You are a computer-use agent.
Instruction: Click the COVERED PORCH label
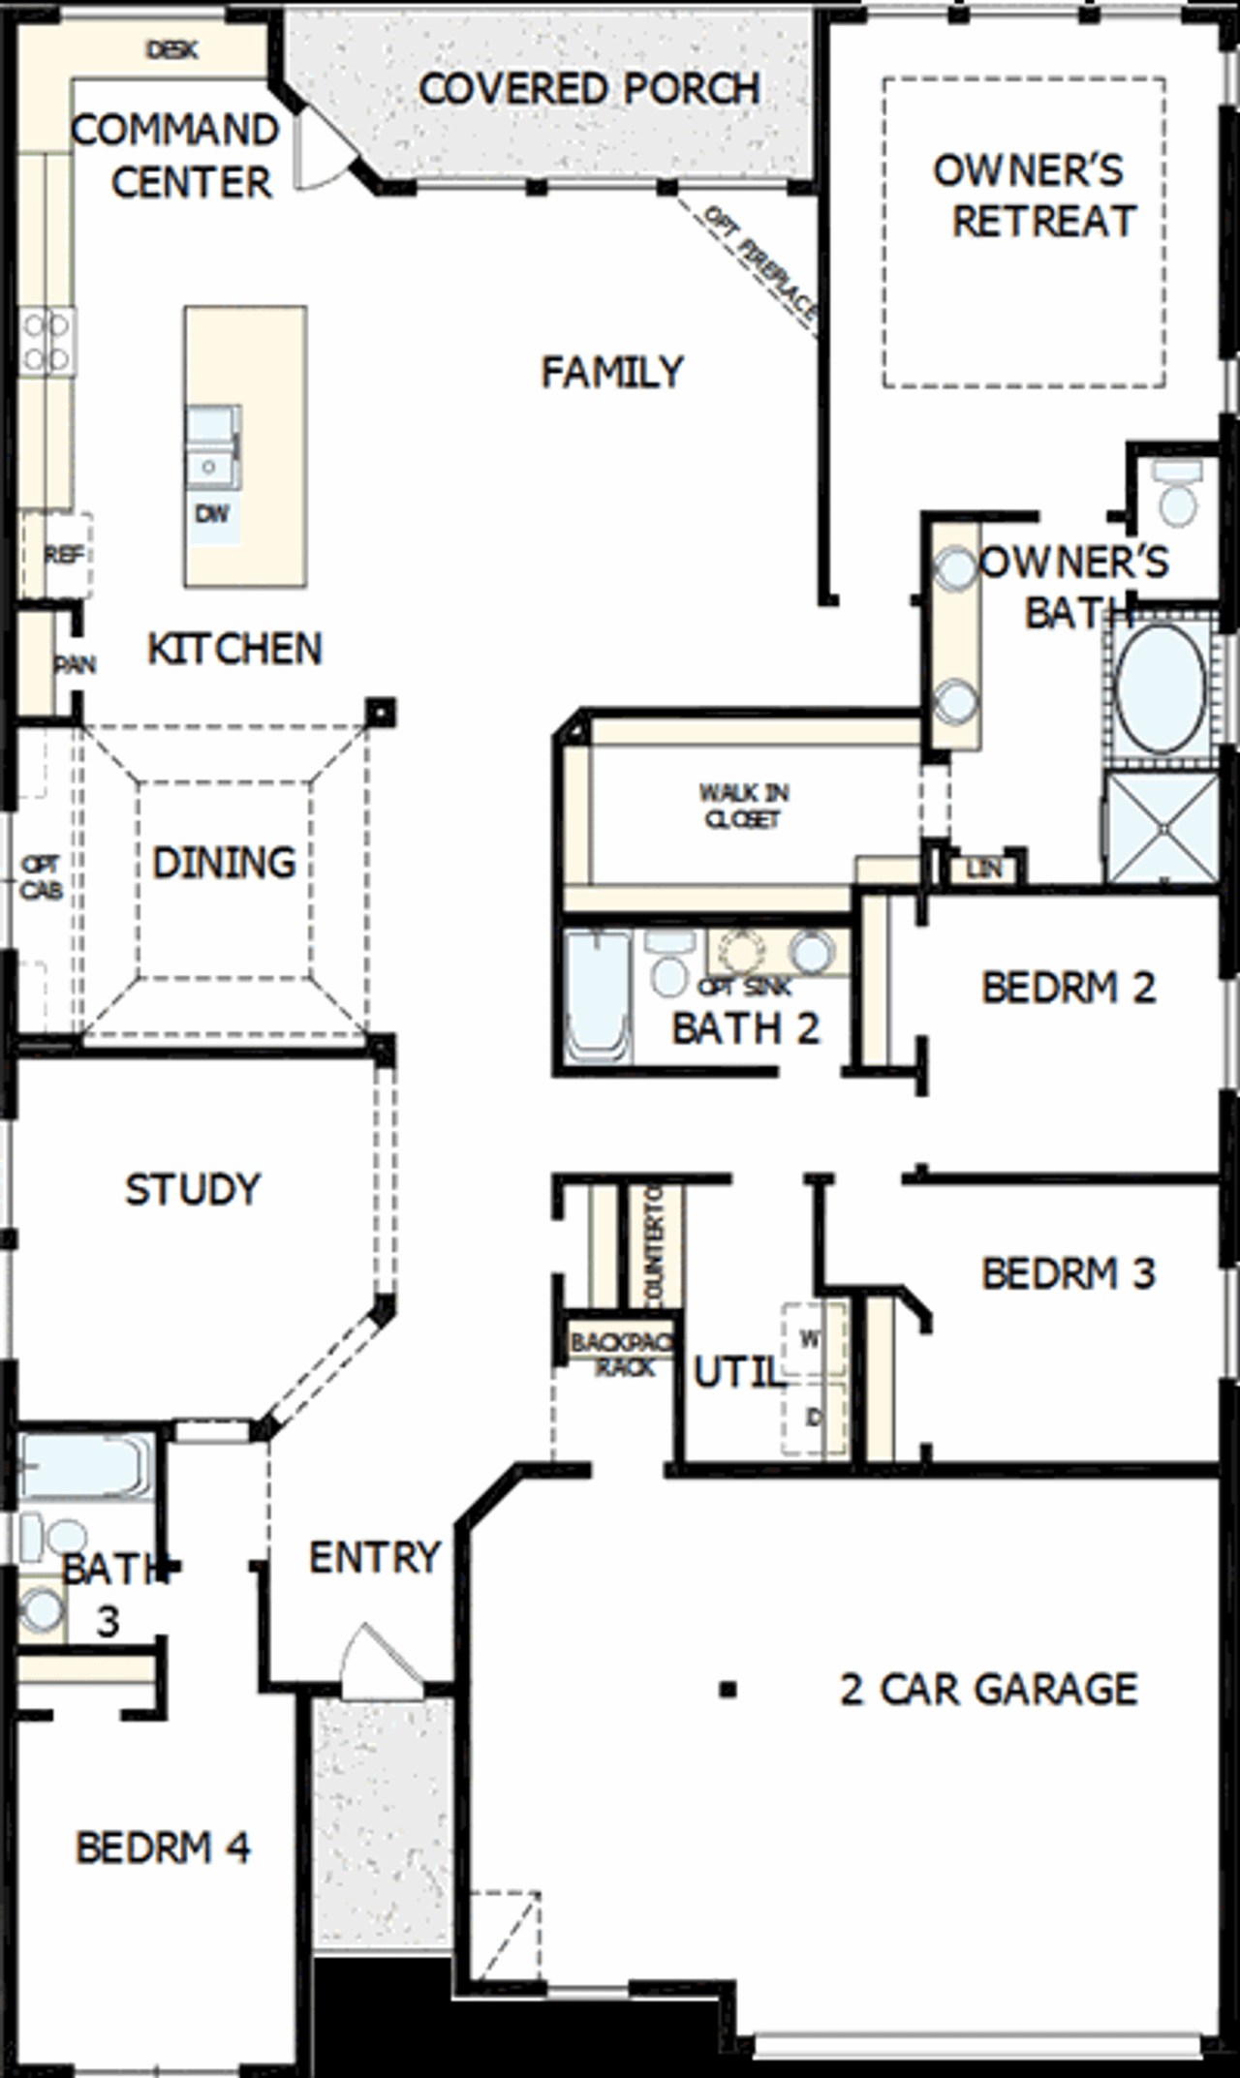pos(589,89)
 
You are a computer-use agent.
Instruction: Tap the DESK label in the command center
pos(172,49)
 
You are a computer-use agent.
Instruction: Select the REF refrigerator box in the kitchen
pos(64,555)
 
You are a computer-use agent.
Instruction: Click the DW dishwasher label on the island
pos(212,513)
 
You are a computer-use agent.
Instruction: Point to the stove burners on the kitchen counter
pos(46,342)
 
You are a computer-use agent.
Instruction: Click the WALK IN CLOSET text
pos(743,806)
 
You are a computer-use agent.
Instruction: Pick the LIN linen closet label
pos(983,869)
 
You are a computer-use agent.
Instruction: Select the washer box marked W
pos(810,1340)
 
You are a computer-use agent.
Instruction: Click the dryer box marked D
pos(812,1418)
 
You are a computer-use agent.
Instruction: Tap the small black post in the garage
pos(728,1691)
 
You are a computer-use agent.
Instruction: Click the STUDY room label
pos(193,1189)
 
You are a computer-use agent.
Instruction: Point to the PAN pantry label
pos(74,665)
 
